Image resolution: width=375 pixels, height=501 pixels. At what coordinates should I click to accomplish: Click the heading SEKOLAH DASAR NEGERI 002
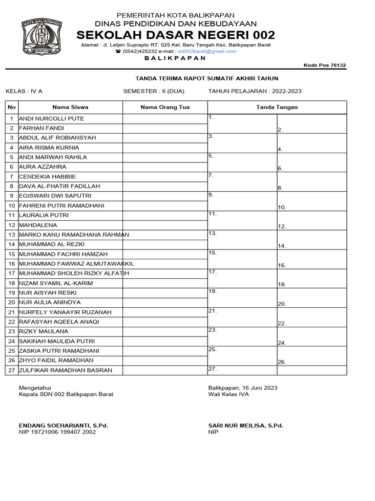[x=176, y=35]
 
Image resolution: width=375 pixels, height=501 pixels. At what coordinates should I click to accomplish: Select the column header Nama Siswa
[x=70, y=107]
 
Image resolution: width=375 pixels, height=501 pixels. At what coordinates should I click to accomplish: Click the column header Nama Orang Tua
[x=165, y=107]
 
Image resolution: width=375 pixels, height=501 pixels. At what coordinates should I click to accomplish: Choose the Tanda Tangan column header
[x=277, y=107]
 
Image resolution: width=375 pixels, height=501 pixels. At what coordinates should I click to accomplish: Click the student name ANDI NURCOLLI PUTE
[x=51, y=119]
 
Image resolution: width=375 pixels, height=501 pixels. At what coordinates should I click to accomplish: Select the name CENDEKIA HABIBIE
[x=47, y=177]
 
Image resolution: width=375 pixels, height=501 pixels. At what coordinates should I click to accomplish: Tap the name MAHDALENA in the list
[x=38, y=225]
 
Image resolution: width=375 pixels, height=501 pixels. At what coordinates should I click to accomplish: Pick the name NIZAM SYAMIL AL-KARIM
[x=56, y=283]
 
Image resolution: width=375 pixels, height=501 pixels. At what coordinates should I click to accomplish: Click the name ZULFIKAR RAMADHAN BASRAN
[x=65, y=370]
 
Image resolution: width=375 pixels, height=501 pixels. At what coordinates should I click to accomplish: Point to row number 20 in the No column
[x=12, y=302]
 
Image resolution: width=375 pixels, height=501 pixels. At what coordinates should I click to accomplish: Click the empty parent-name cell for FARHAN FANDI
[x=165, y=128]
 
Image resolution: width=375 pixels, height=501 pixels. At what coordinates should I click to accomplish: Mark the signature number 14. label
[x=282, y=246]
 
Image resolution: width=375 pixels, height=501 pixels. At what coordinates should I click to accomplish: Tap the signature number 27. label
[x=212, y=368]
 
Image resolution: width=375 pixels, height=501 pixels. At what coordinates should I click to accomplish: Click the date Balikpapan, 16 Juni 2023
[x=243, y=387]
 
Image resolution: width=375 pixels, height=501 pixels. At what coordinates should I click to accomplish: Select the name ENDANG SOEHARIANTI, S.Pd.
[x=63, y=426]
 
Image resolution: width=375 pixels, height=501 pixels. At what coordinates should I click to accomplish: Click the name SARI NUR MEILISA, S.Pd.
[x=246, y=426]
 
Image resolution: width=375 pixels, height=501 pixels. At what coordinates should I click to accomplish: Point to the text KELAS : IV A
[x=24, y=91]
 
